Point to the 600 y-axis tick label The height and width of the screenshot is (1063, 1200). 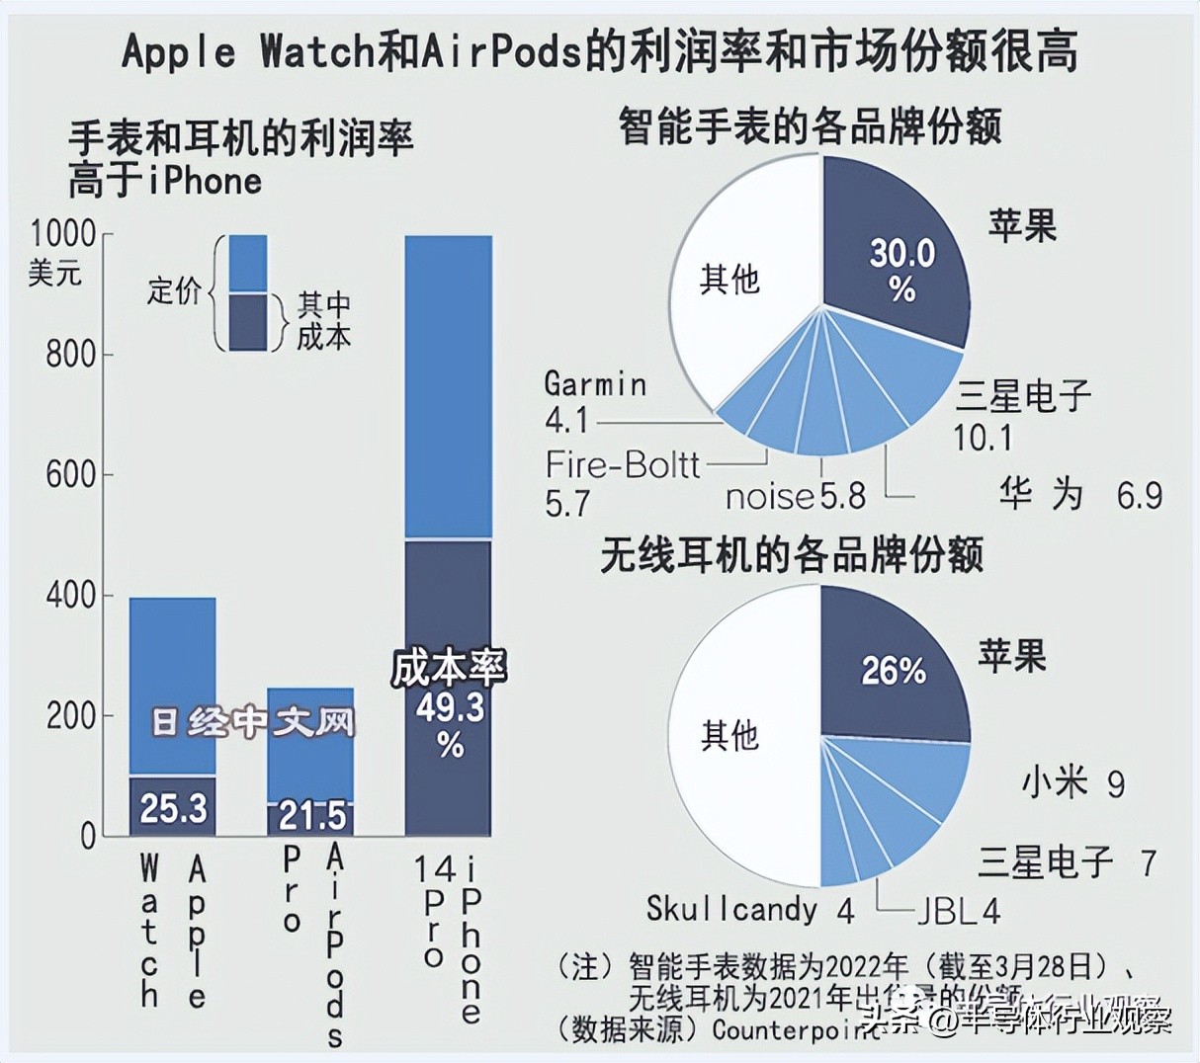coord(71,475)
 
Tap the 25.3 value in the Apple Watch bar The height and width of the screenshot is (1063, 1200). coord(173,808)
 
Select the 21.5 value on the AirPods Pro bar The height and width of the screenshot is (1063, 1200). coord(312,816)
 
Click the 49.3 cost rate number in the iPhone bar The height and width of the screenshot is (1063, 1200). coord(450,707)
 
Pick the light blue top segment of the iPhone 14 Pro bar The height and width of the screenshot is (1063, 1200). coord(449,385)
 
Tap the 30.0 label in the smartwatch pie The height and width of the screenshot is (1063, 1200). coord(901,255)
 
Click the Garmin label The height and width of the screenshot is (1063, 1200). coord(595,383)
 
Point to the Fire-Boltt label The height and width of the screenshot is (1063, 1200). coord(623,464)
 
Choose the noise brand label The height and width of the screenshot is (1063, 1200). coord(770,496)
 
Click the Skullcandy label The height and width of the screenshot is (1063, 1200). coord(731,909)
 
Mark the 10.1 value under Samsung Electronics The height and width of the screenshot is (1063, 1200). coord(983,438)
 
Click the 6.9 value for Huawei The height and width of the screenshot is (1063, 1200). coord(1139,494)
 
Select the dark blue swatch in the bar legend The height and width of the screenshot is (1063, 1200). coord(247,322)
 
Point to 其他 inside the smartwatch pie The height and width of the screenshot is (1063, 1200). coord(729,280)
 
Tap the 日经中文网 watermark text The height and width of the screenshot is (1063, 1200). coord(252,722)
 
